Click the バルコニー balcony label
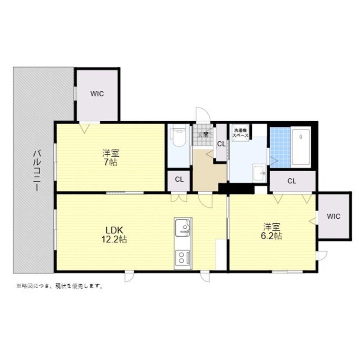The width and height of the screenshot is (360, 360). [37, 170]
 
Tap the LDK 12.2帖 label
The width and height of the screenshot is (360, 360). [114, 234]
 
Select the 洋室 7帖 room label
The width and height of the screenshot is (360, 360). [111, 158]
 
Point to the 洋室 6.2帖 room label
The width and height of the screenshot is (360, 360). [271, 231]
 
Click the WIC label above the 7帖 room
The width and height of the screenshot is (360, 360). [97, 94]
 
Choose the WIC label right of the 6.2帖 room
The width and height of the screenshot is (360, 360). [334, 216]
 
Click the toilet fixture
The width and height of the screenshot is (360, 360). [178, 137]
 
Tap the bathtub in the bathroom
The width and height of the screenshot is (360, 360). [301, 147]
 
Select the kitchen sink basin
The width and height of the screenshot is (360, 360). [183, 228]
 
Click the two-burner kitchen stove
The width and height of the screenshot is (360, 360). [183, 257]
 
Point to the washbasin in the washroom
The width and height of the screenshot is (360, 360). [259, 173]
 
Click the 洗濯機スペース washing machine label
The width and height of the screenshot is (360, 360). [240, 133]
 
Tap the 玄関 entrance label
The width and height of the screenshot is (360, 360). [203, 135]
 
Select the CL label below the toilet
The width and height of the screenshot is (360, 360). [179, 180]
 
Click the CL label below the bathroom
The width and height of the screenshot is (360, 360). [292, 181]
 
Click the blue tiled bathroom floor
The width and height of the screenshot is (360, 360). [280, 147]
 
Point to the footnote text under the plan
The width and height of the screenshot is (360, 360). [59, 286]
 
